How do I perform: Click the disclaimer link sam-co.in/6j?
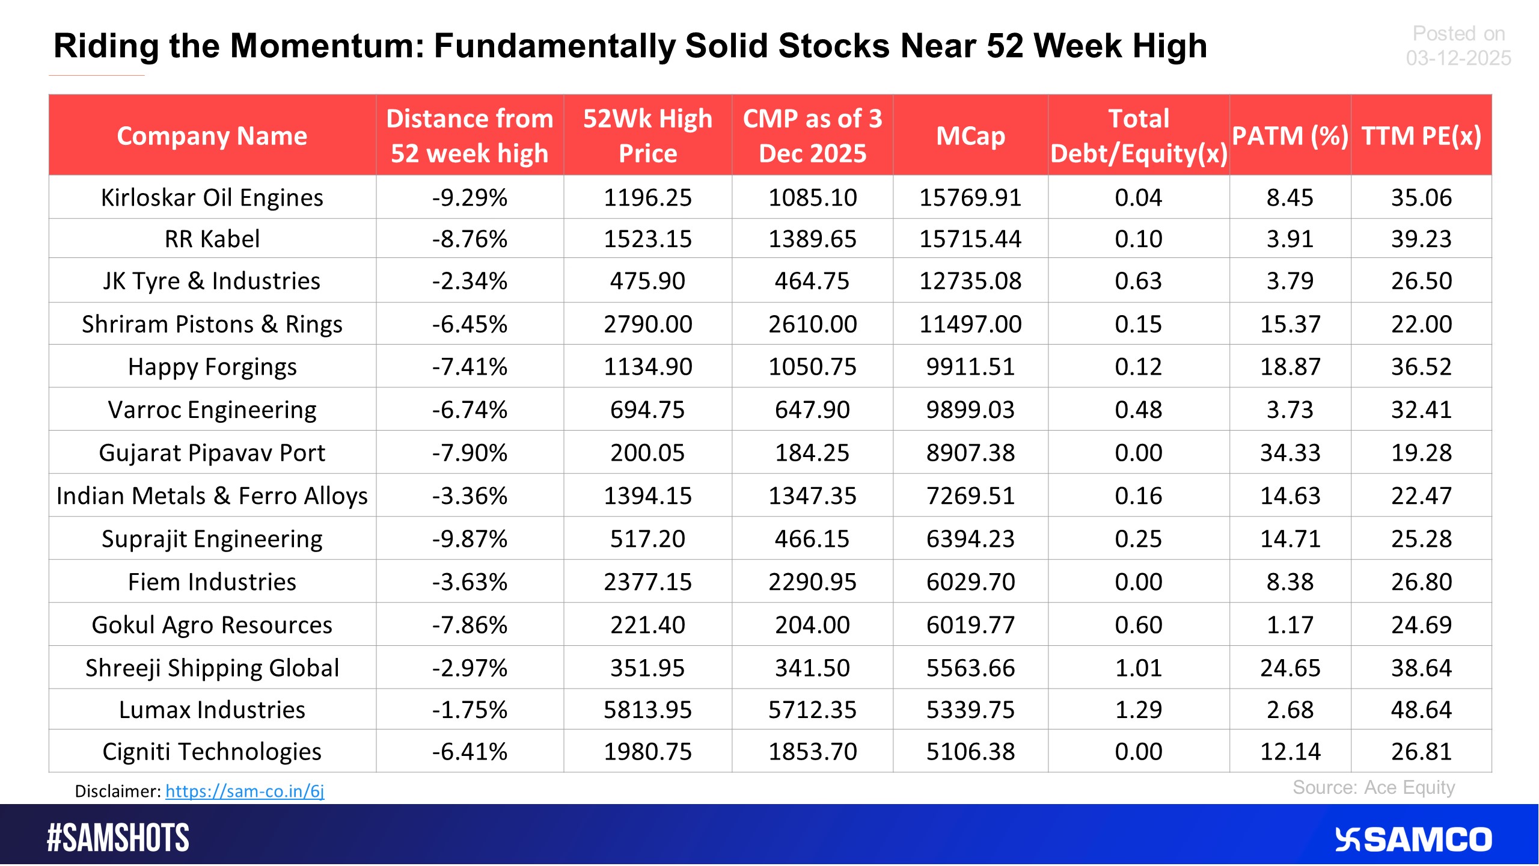pos(245,791)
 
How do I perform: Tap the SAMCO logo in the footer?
pos(1413,840)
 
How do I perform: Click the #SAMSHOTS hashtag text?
pos(118,838)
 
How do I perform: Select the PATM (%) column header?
pos(1290,136)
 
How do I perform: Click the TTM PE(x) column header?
pos(1421,136)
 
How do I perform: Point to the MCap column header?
pos(970,136)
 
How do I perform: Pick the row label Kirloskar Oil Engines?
pos(212,198)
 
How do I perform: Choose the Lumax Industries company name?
pos(212,710)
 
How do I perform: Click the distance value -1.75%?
pos(470,710)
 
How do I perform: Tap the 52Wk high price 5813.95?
pos(647,710)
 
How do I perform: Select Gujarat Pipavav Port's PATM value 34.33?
pos(1290,453)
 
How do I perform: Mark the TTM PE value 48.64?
pos(1421,710)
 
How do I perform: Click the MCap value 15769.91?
pos(970,198)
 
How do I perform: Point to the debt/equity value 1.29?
pos(1139,710)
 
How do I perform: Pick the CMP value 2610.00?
pos(812,325)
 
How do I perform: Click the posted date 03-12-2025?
pos(1458,58)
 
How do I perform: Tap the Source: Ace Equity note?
pos(1374,788)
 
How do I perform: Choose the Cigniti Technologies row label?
pos(212,752)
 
